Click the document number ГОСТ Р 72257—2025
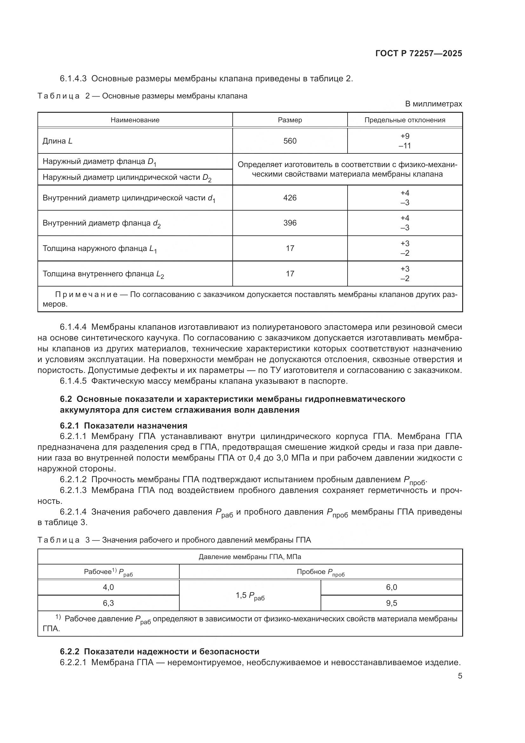click(419, 53)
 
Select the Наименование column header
click(135, 120)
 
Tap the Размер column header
click(290, 120)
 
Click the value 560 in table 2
click(290, 141)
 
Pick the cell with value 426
click(290, 198)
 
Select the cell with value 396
click(290, 223)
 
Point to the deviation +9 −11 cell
click(405, 141)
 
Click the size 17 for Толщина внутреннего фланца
click(290, 274)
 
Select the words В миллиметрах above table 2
click(434, 104)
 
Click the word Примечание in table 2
click(86, 294)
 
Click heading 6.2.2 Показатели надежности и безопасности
click(160, 652)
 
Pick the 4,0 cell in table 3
click(108, 587)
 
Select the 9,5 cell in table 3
click(391, 603)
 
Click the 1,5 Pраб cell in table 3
click(250, 595)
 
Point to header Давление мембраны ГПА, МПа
click(250, 557)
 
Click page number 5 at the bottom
click(460, 676)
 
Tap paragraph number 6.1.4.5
click(73, 381)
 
